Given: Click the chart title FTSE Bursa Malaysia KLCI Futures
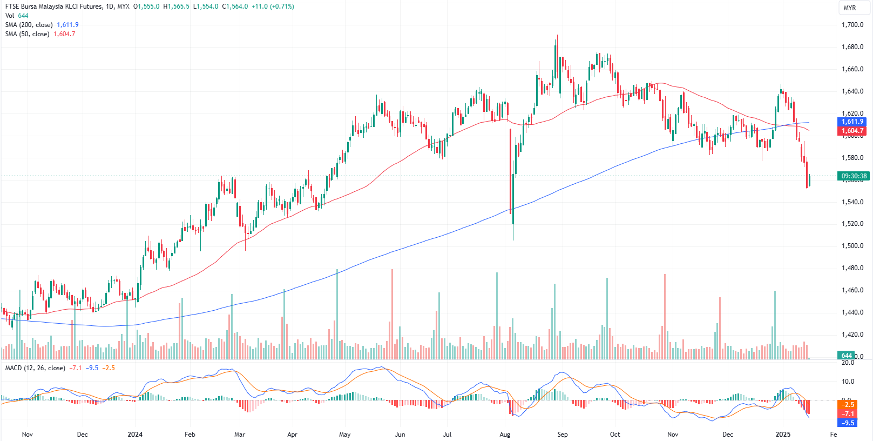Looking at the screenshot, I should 54,6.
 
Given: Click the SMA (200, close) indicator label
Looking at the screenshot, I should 29,25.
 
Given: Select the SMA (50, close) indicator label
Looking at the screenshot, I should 27,34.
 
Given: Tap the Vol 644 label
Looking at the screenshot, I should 17,16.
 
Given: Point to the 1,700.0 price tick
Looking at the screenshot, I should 852,25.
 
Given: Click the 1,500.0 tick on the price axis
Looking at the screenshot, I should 852,246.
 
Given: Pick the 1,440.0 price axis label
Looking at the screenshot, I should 852,312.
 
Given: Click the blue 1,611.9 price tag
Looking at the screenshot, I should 852,122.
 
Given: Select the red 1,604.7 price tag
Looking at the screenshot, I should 852,131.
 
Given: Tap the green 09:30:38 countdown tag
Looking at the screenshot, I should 854,176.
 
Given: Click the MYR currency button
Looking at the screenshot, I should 850,8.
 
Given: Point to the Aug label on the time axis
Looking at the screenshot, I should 505,435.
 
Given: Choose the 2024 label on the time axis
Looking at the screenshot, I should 135,435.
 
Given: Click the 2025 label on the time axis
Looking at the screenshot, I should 783,435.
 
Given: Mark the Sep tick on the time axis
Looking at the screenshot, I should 563,435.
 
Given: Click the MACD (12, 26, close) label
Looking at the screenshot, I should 35,368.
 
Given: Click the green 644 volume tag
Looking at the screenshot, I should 846,355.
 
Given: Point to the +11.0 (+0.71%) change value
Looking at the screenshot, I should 273,6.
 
